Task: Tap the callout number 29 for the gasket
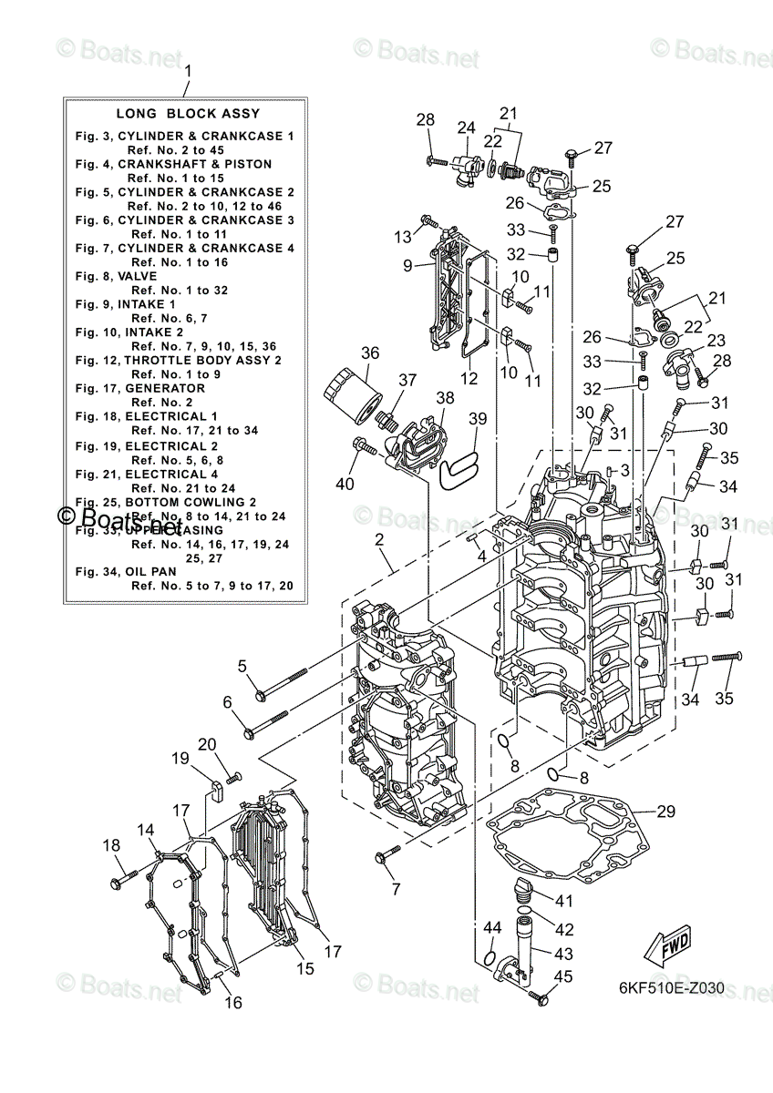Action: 665,811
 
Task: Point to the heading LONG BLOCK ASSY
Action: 188,114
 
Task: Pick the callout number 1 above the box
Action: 188,70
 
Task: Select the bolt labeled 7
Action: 389,853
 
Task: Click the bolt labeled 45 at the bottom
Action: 540,999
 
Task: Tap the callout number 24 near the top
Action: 466,128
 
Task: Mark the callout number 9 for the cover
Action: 409,266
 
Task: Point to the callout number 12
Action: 468,376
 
